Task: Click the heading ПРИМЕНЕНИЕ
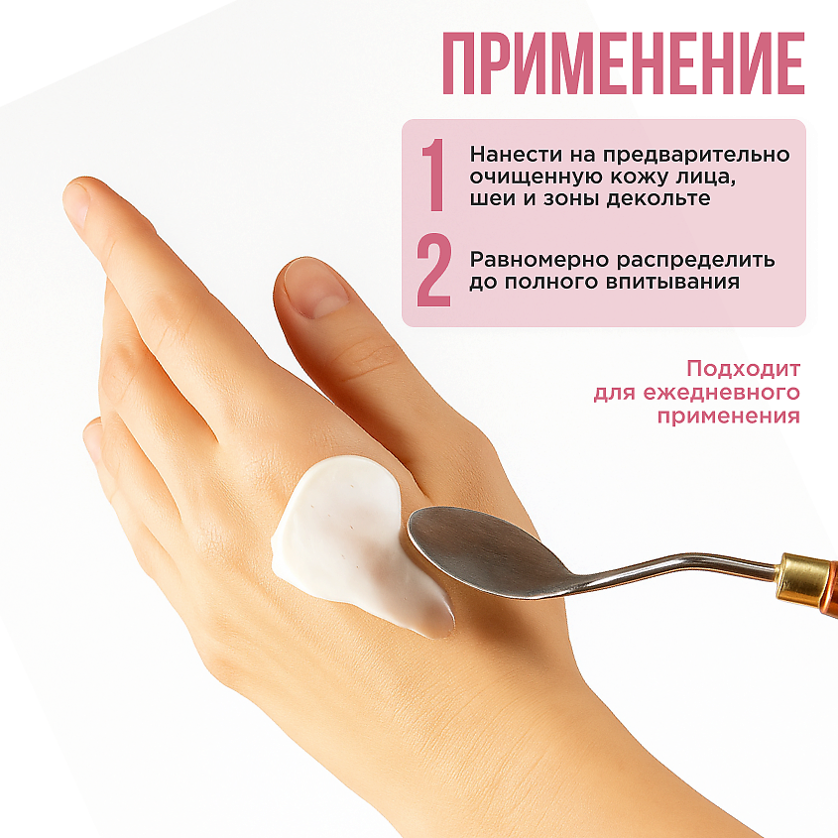pos(623,63)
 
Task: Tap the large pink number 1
pos(434,175)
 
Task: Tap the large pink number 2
pos(434,271)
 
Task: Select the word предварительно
pos(696,155)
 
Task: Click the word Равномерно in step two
pos(539,260)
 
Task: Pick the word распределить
pos(696,260)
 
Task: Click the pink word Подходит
pos(743,369)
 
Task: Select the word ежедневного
pos(722,393)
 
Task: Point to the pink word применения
pos(729,416)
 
